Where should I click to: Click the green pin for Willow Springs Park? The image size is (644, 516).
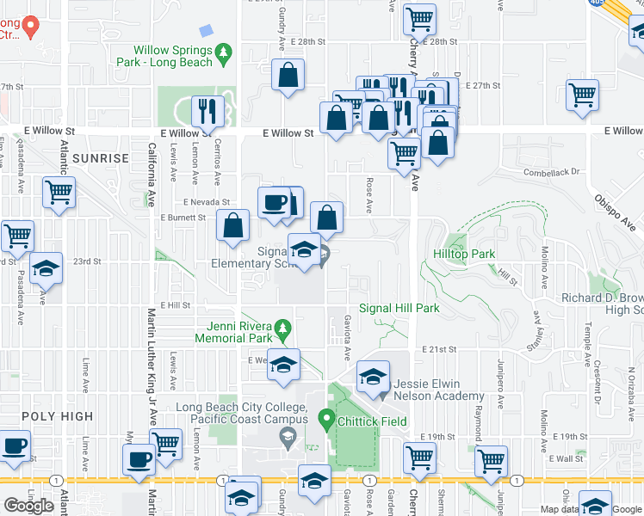tap(224, 53)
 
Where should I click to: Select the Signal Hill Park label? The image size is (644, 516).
tap(399, 308)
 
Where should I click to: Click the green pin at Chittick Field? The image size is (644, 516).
tap(326, 420)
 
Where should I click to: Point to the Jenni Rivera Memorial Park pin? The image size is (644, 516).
tap(281, 328)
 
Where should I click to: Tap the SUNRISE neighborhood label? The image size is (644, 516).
tap(100, 158)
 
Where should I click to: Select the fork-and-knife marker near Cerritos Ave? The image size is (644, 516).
tap(207, 111)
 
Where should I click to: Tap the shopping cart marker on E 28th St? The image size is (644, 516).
tap(419, 19)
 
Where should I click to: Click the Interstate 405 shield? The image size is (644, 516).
tap(596, 3)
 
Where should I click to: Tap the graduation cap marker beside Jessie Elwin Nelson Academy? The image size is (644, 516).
tap(373, 377)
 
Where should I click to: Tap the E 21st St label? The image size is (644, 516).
tap(438, 349)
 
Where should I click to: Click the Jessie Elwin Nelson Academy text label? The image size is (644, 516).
tap(437, 390)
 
